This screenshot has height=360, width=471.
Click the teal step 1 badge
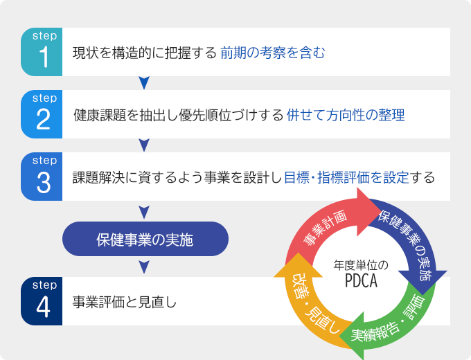click(42, 52)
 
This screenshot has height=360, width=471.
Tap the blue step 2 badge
click(42, 114)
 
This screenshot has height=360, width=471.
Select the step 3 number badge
click(42, 177)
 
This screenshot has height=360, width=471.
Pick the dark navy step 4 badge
click(42, 301)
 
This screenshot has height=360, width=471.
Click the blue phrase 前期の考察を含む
click(272, 53)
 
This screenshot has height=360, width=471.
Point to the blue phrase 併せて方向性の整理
click(345, 115)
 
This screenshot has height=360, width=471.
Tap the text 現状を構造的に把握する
click(145, 53)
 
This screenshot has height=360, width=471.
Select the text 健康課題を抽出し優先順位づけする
click(178, 115)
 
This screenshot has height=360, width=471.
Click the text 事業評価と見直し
click(125, 302)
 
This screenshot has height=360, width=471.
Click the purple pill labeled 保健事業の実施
click(145, 240)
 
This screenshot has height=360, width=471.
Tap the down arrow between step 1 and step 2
click(144, 83)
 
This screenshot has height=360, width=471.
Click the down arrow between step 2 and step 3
click(144, 145)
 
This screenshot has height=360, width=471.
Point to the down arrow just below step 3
click(144, 210)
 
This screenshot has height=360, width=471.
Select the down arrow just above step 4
click(144, 267)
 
